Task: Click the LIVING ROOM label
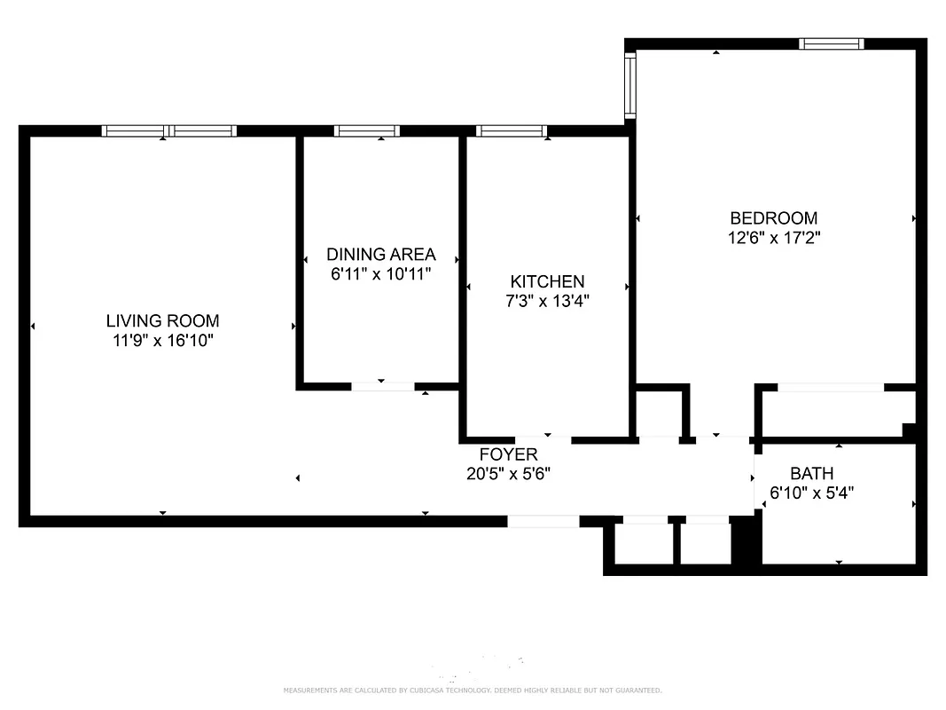click(x=162, y=320)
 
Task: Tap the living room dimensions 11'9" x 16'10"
click(x=162, y=340)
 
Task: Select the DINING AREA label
click(x=381, y=255)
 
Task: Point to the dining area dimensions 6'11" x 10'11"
click(x=381, y=274)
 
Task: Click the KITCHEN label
click(x=547, y=281)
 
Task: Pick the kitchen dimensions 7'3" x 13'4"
click(x=547, y=301)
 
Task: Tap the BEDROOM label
click(x=773, y=217)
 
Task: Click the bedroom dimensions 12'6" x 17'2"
click(x=773, y=238)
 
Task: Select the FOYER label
click(x=508, y=454)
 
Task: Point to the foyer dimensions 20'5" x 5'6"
click(x=508, y=474)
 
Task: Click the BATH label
click(x=811, y=473)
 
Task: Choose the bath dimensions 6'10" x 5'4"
click(x=811, y=492)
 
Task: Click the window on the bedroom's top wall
click(x=831, y=43)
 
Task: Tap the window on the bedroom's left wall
click(x=630, y=85)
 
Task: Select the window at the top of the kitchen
click(x=512, y=131)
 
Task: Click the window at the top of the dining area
click(x=367, y=131)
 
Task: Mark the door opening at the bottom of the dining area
click(x=383, y=386)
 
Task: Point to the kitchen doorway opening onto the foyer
click(x=543, y=438)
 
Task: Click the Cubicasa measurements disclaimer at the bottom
click(x=473, y=690)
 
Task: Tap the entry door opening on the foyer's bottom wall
click(x=543, y=522)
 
